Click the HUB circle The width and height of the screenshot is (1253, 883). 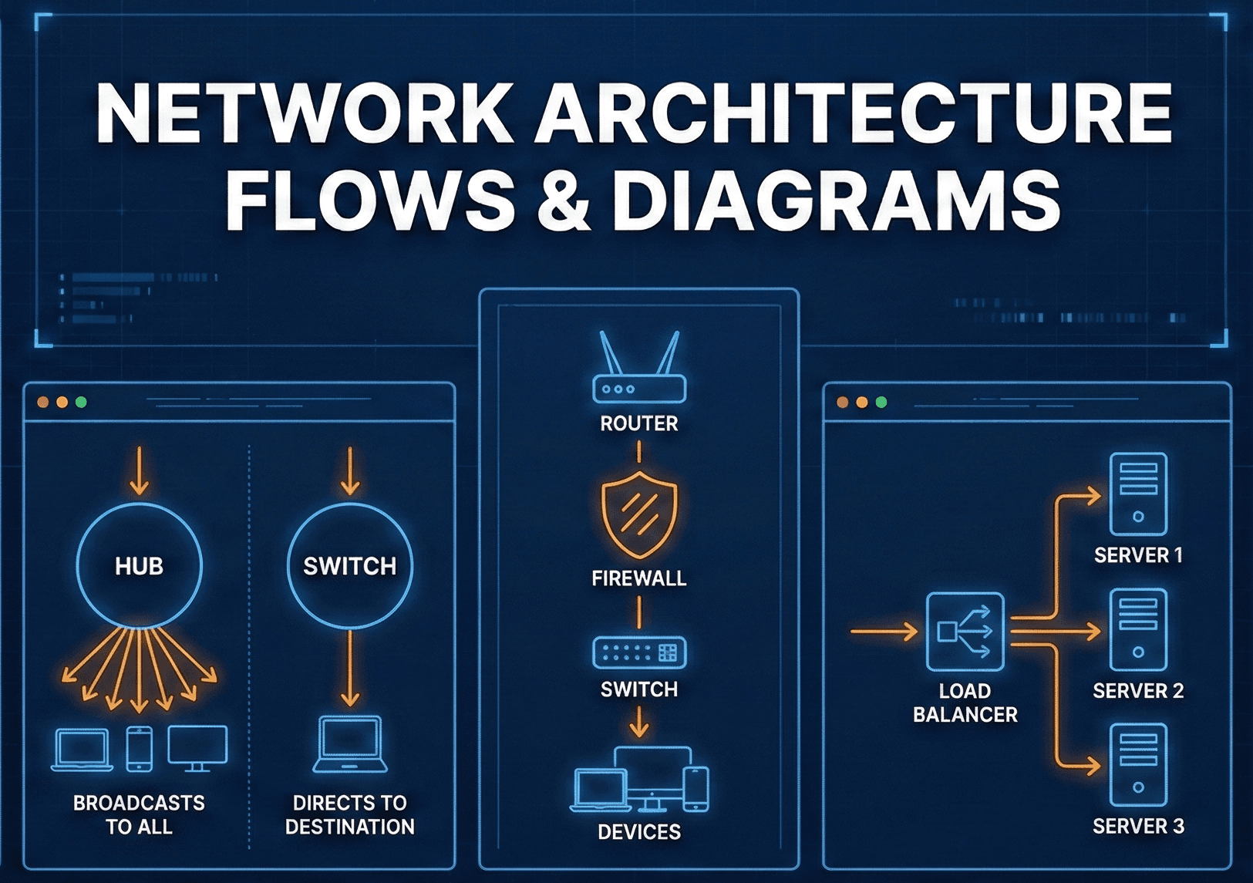[x=140, y=565]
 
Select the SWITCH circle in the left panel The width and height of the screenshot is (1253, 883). [x=349, y=565]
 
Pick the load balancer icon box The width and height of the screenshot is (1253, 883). [x=965, y=632]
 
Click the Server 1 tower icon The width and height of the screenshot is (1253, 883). [x=1138, y=494]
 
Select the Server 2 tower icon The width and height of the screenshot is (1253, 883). [x=1138, y=630]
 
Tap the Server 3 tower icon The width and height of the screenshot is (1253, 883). [x=1138, y=765]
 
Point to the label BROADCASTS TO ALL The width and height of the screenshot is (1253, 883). [x=140, y=814]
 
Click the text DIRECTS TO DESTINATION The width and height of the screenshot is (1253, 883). [x=349, y=814]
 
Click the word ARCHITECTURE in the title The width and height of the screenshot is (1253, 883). [x=854, y=114]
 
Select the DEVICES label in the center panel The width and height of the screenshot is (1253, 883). [x=639, y=832]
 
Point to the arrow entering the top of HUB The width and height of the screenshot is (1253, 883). [x=140, y=470]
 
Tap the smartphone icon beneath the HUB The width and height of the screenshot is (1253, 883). [x=140, y=749]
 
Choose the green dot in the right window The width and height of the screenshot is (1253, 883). [x=881, y=402]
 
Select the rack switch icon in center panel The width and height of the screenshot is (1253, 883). [x=639, y=653]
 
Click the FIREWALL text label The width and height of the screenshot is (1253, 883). [x=639, y=578]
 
